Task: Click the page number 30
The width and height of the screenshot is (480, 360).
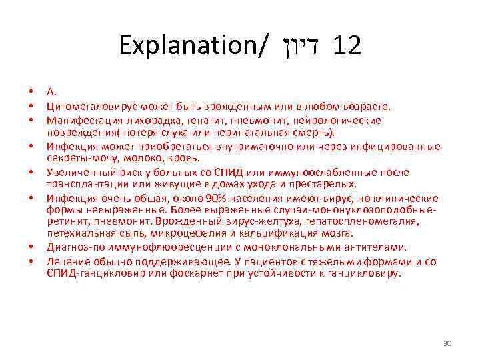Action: click(447, 343)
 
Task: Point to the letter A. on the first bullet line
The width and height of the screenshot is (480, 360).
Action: click(51, 93)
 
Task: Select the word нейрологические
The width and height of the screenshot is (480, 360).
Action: click(342, 120)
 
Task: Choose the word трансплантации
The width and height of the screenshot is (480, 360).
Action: click(82, 185)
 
